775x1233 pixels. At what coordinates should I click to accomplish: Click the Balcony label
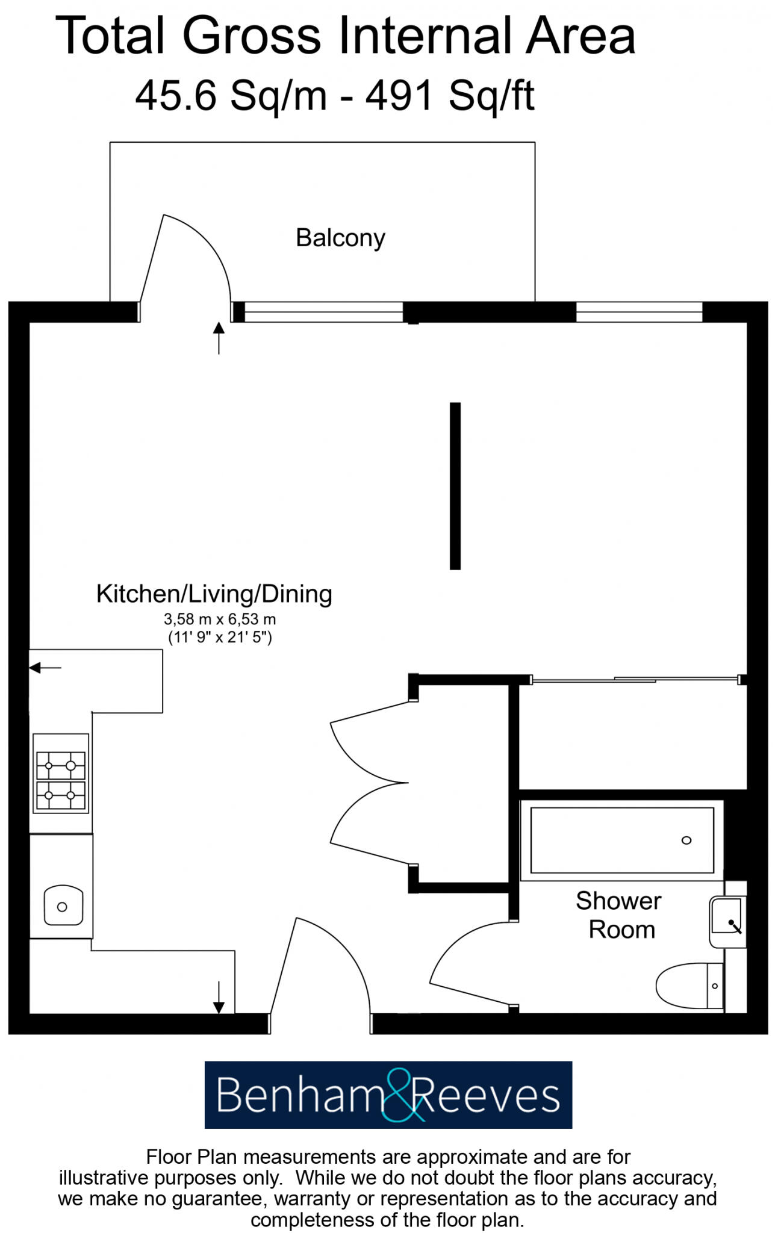click(340, 238)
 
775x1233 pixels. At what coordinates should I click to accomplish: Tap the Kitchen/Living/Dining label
click(214, 594)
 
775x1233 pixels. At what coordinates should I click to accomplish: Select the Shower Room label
click(619, 915)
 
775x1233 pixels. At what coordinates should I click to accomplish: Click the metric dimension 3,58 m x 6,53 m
click(220, 619)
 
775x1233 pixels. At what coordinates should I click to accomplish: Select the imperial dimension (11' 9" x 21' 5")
click(220, 637)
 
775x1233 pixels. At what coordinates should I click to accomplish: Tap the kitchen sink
click(63, 905)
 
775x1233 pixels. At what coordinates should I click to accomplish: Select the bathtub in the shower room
click(621, 840)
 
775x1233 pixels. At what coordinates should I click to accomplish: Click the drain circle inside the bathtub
click(686, 840)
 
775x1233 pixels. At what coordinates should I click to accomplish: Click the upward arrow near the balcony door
click(219, 337)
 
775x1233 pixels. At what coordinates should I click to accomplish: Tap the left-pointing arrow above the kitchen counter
click(45, 667)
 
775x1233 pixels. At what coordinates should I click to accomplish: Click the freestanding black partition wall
click(455, 486)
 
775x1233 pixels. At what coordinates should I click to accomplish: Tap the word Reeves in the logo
click(488, 1096)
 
